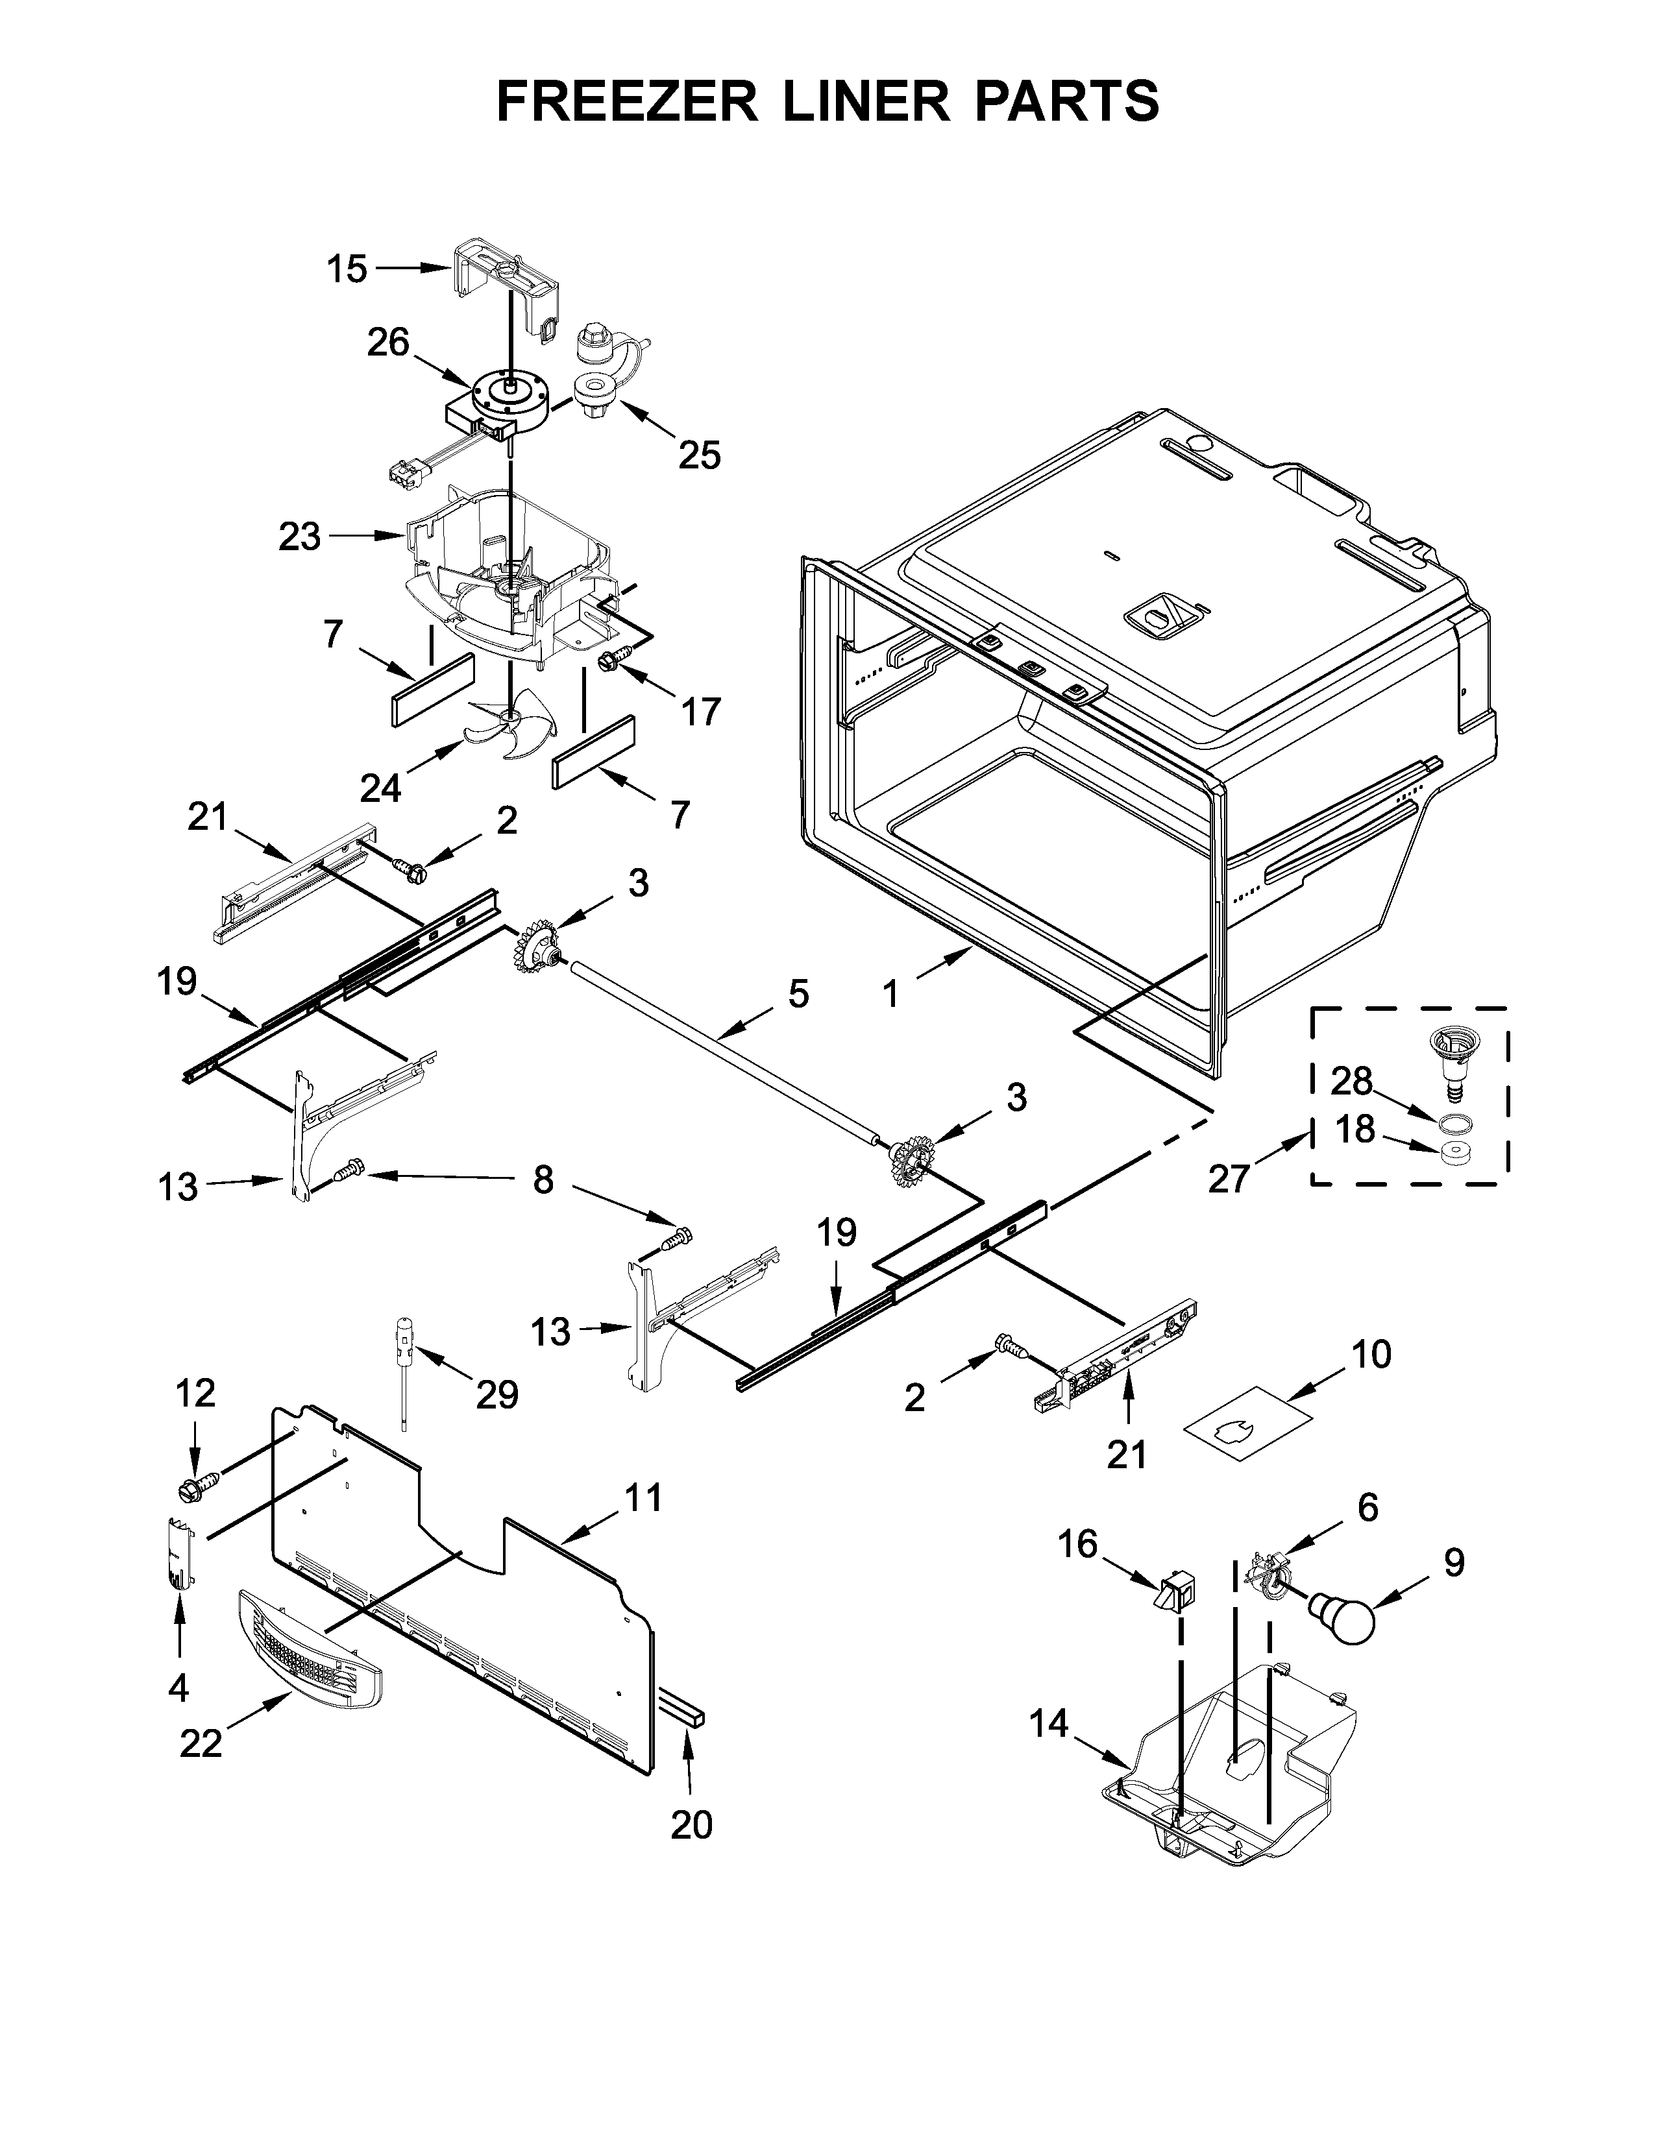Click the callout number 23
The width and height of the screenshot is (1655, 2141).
click(x=299, y=537)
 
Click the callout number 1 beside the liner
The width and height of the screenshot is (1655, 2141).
click(x=890, y=995)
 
